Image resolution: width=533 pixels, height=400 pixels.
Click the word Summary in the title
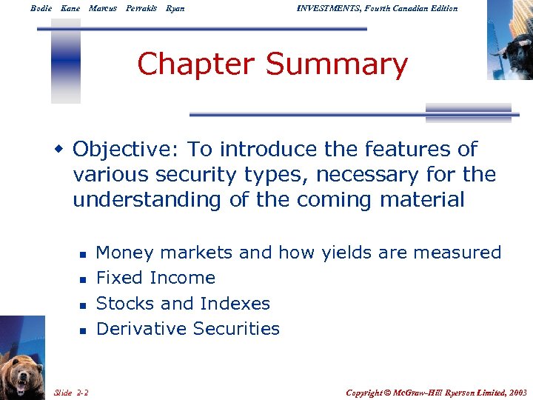pos(336,64)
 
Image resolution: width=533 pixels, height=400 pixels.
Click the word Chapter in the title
pos(197,64)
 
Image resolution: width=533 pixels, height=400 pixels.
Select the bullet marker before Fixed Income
pos(83,279)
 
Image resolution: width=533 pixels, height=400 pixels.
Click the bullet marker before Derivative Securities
pos(83,330)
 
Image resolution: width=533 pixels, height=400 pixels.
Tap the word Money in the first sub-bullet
pos(126,253)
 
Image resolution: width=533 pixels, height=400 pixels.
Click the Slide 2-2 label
pos(72,392)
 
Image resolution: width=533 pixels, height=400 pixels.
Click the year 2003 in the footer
pos(517,392)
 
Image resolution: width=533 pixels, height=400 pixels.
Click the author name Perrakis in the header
pos(141,8)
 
